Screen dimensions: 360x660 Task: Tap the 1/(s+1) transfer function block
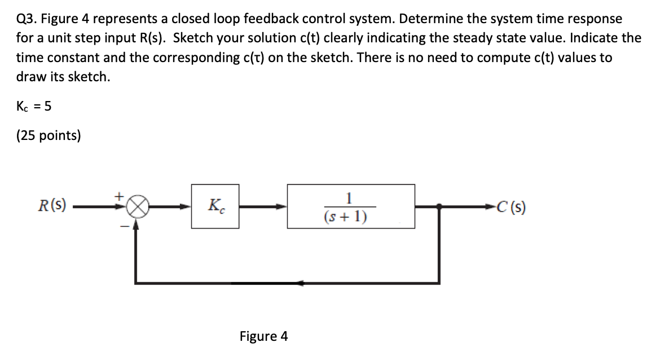[351, 206]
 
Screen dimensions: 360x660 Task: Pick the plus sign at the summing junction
[119, 195]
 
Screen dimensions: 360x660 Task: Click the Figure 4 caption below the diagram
[263, 337]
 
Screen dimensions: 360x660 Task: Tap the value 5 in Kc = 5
[48, 106]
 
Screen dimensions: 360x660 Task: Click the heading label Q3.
[27, 19]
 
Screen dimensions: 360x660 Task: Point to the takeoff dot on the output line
[440, 207]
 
